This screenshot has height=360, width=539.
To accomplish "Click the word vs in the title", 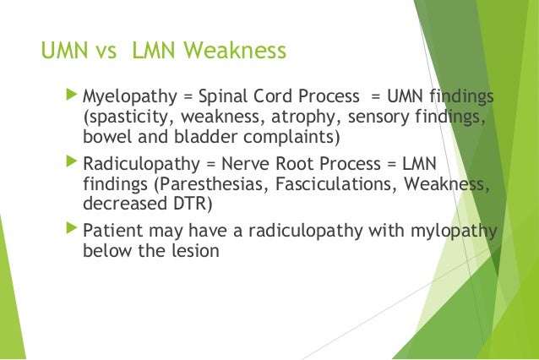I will click(107, 52).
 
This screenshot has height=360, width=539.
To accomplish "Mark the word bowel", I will click(106, 138).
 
